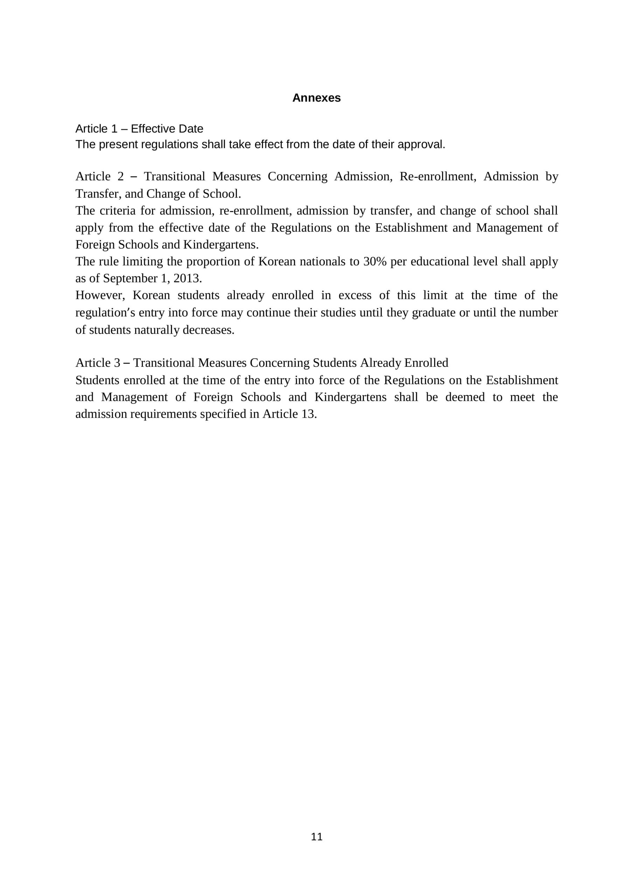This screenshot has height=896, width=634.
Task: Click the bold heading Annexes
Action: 316,98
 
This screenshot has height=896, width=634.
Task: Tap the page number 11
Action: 316,837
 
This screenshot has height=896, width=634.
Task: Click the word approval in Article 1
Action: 423,145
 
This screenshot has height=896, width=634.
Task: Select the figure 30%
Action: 375,261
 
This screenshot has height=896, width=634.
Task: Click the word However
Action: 100,295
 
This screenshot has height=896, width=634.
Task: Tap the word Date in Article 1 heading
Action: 191,129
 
